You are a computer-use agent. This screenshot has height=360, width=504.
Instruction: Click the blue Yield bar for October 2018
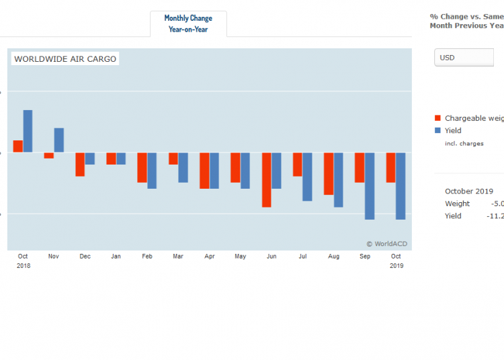pyautogui.click(x=28, y=131)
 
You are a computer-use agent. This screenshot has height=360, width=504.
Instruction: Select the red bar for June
pyautogui.click(x=267, y=179)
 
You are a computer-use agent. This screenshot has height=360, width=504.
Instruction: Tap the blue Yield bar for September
pyautogui.click(x=370, y=185)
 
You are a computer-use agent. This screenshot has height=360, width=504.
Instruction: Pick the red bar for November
pyautogui.click(x=49, y=155)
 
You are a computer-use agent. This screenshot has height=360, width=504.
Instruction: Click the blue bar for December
pyautogui.click(x=90, y=159)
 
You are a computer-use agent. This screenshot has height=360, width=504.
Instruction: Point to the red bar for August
pyautogui.click(x=329, y=173)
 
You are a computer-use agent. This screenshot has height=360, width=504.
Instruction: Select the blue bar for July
pyautogui.click(x=307, y=177)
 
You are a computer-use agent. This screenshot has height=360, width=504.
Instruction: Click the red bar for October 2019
pyautogui.click(x=390, y=167)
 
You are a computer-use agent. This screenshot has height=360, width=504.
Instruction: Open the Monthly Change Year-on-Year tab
pyautogui.click(x=188, y=24)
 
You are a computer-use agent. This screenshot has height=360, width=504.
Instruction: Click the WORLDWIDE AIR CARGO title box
pyautogui.click(x=65, y=59)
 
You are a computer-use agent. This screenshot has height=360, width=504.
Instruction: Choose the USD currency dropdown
pyautogui.click(x=464, y=58)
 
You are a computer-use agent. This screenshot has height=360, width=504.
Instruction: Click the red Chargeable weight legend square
pyautogui.click(x=438, y=118)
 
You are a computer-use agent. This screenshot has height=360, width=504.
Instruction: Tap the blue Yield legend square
pyautogui.click(x=438, y=131)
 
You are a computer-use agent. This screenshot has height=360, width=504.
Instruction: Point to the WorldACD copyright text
pyautogui.click(x=386, y=244)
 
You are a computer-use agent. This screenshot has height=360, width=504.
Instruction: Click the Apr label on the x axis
pyautogui.click(x=209, y=257)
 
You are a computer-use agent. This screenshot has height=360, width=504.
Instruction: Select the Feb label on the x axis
pyautogui.click(x=147, y=257)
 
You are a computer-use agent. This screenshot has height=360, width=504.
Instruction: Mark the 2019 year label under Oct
pyautogui.click(x=396, y=266)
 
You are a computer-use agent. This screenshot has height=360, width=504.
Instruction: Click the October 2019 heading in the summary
pyautogui.click(x=469, y=191)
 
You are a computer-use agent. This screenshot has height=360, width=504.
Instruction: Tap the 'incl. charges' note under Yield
pyautogui.click(x=464, y=143)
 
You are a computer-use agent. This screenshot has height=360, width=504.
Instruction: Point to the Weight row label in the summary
pyautogui.click(x=457, y=204)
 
